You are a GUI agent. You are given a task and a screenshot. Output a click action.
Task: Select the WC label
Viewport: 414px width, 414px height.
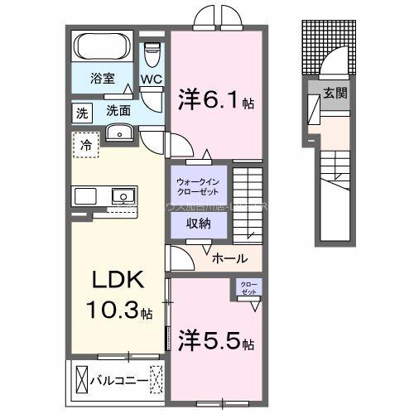(151, 79)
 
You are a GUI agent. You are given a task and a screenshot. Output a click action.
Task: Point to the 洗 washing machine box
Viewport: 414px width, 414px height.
(82, 112)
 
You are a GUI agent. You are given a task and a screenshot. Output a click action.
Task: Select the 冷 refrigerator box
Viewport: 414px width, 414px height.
(85, 144)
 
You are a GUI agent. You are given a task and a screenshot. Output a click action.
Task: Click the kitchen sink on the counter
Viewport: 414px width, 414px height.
(122, 196)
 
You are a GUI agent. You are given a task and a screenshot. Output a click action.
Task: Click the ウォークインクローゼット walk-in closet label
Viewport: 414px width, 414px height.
(196, 186)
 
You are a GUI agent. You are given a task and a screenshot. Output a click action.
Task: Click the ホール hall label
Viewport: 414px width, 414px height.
(229, 258)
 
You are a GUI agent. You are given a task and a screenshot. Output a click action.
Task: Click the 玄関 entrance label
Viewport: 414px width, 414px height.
(335, 93)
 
